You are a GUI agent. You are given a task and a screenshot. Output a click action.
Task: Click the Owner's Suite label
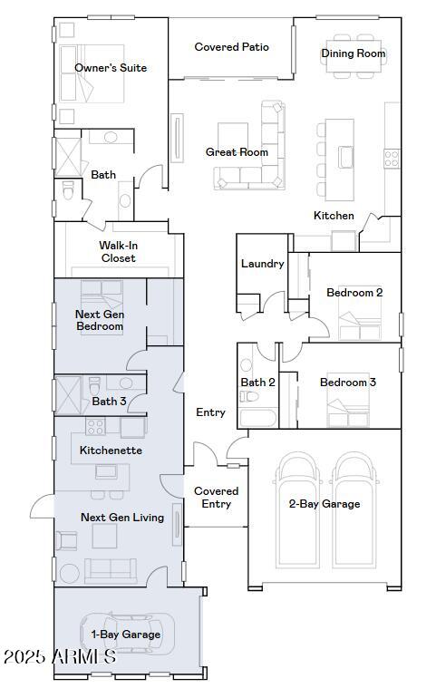coord(111,68)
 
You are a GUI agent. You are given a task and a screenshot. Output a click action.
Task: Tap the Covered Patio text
coord(232,47)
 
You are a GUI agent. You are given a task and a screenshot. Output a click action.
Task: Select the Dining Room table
coord(354,56)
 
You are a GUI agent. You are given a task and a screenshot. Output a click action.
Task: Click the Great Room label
coord(237,152)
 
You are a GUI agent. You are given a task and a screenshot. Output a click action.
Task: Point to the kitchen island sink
coord(346,157)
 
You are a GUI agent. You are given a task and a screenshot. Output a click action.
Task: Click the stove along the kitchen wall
coord(392,159)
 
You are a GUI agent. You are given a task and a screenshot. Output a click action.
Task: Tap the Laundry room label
coord(262,264)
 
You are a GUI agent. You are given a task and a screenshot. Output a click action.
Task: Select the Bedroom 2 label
coord(354,293)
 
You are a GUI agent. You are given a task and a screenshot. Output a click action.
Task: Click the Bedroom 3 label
coord(348,383)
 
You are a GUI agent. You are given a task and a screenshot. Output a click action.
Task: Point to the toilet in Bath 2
coord(248,396)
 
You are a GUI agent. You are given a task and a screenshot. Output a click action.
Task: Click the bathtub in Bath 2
coord(258,418)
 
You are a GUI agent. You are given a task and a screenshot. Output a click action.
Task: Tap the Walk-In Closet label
coord(119,252)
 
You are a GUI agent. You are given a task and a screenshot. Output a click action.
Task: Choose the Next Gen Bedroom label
coord(100,320)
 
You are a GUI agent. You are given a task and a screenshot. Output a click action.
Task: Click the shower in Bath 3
coord(68,395)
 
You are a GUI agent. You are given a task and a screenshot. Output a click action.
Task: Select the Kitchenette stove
coord(95,427)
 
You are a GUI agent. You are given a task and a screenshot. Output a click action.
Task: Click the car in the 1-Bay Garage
coord(128,634)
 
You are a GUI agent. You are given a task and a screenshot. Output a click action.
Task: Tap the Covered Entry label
coord(217,498)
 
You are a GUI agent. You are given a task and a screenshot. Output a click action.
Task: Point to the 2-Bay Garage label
coord(325,504)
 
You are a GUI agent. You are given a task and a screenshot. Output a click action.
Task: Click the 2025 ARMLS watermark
coord(60,657)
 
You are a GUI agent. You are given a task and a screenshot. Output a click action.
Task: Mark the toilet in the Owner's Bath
coord(68,191)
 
